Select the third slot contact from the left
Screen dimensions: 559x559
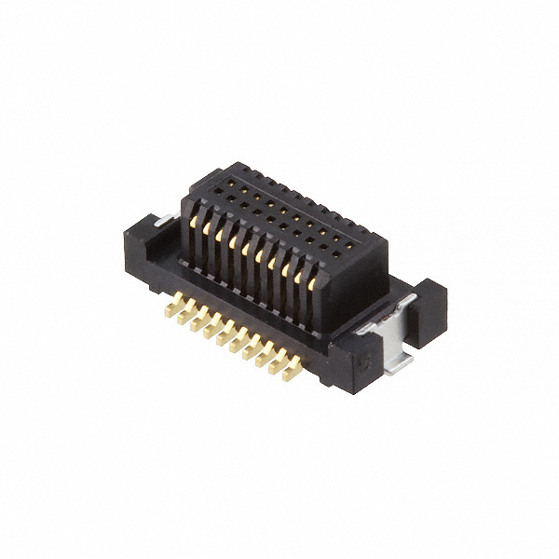click(228, 241)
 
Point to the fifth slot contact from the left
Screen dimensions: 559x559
click(257, 256)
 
